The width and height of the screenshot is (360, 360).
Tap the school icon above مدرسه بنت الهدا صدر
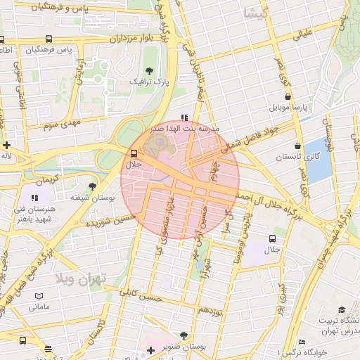click(x=184, y=118)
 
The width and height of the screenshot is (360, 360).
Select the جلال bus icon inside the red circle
click(x=134, y=153)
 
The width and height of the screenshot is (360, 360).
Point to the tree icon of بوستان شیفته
click(x=92, y=186)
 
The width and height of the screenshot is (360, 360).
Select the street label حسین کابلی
click(x=137, y=295)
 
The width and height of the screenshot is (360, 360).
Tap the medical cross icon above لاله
click(x=6, y=144)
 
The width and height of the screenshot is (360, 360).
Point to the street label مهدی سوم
click(x=63, y=124)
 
